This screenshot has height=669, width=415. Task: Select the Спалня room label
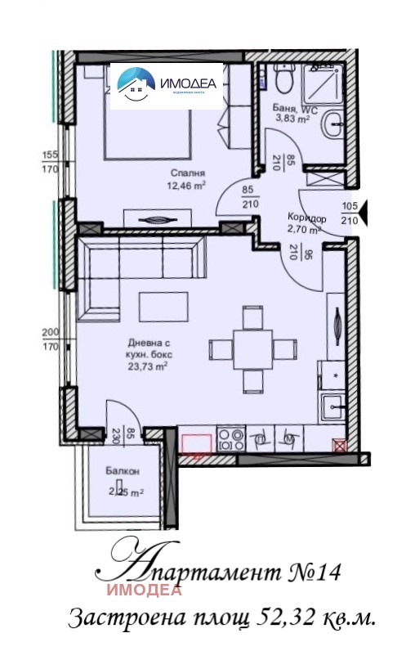pos(187,173)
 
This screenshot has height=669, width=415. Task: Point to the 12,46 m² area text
pos(185,185)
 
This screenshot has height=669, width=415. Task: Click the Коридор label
pos(307,218)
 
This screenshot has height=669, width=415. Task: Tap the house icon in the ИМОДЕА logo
pos(135,83)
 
